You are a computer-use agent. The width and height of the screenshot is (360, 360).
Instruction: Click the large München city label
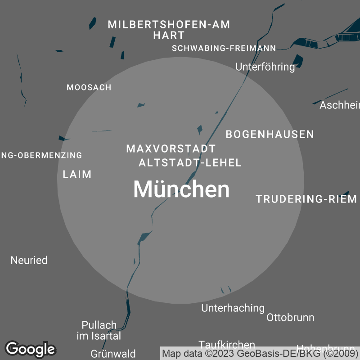tap(181, 189)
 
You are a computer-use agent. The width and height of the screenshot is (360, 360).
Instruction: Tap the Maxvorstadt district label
tap(171, 148)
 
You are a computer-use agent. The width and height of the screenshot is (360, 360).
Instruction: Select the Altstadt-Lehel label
tap(190, 163)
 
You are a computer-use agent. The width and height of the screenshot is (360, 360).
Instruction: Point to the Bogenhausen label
tap(270, 134)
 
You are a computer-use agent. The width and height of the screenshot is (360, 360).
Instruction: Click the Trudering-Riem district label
tap(306, 199)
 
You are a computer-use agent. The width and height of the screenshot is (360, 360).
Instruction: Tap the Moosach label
tap(89, 87)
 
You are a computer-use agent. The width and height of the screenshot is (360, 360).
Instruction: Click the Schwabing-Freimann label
tap(224, 49)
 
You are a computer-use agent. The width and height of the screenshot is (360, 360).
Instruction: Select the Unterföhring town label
tap(265, 67)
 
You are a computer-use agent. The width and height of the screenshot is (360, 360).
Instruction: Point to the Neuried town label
tap(29, 260)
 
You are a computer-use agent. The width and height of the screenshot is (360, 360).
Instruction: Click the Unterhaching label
tap(233, 308)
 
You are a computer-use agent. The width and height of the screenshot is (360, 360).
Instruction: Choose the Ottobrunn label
tap(290, 317)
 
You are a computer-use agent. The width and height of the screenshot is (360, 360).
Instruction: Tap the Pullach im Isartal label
tap(99, 330)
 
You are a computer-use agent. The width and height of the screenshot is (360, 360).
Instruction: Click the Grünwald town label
tap(113, 354)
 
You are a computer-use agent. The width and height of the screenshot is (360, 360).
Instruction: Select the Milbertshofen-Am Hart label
tap(169, 30)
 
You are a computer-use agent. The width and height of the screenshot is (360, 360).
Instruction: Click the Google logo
tap(30, 349)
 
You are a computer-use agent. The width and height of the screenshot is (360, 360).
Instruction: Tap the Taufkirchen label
tap(227, 345)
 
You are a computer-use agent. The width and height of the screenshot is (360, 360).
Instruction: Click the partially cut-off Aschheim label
tap(340, 105)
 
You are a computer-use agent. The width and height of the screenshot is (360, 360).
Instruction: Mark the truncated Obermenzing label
tap(41, 155)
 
